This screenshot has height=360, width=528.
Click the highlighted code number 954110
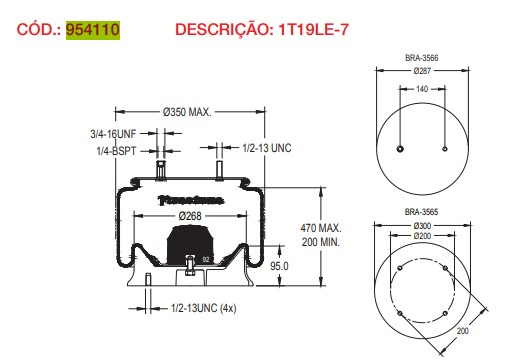tap(93, 31)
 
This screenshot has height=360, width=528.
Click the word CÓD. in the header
tap(37, 31)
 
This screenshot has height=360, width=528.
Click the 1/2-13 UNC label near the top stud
tap(268, 148)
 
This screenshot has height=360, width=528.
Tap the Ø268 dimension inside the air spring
tap(191, 216)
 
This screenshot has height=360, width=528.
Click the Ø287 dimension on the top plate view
tap(424, 71)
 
